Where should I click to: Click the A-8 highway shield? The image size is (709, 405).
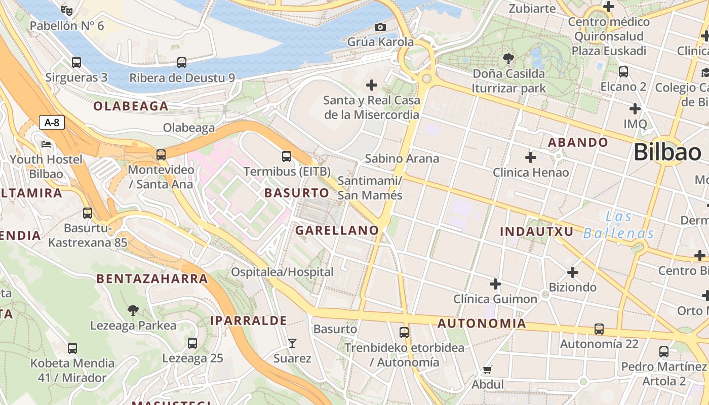click(x=52, y=122)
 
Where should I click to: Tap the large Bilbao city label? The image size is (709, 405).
click(x=667, y=152)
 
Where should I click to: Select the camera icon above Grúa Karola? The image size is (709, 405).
click(x=380, y=27)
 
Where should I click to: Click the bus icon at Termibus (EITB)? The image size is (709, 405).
click(x=287, y=156)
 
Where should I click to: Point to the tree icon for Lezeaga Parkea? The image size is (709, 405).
click(x=133, y=310)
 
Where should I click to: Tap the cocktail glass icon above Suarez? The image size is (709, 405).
click(x=292, y=343)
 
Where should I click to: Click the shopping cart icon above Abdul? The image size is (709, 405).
click(x=488, y=370)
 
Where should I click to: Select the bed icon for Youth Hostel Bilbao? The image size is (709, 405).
click(x=46, y=144)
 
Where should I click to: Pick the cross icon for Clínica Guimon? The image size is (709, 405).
click(x=495, y=284)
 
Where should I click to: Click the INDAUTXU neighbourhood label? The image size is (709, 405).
click(x=537, y=232)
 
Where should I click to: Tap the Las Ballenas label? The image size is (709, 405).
click(x=619, y=225)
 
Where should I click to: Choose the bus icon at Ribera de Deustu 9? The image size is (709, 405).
click(x=182, y=63)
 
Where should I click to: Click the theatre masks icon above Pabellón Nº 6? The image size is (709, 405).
click(x=67, y=10)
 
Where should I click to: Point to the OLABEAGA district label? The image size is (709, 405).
click(x=131, y=106)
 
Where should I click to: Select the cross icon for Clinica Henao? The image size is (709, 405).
click(x=531, y=157)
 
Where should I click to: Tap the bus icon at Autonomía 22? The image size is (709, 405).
click(x=599, y=329)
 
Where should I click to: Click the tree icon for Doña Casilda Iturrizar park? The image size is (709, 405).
click(x=508, y=59)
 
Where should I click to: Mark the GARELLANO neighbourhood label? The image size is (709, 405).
click(x=337, y=230)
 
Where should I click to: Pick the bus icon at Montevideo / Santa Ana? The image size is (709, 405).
click(x=161, y=154)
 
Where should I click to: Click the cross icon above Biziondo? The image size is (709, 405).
click(x=573, y=272)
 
